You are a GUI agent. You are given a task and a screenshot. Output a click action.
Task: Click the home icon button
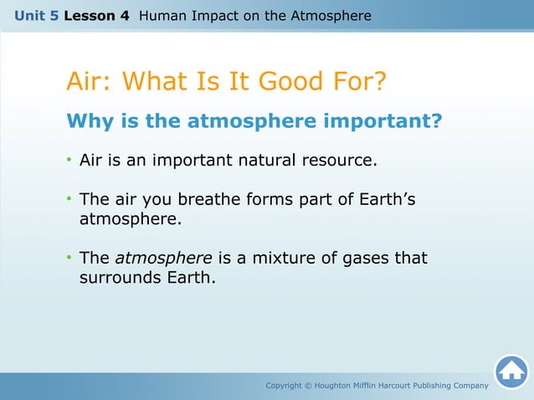[511, 372]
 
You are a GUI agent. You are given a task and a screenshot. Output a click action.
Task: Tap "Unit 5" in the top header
[36, 16]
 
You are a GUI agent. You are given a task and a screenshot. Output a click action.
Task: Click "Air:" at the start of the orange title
[90, 83]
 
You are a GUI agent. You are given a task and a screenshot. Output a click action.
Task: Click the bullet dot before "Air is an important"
[69, 160]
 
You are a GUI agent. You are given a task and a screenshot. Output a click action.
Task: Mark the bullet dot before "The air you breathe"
[69, 200]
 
